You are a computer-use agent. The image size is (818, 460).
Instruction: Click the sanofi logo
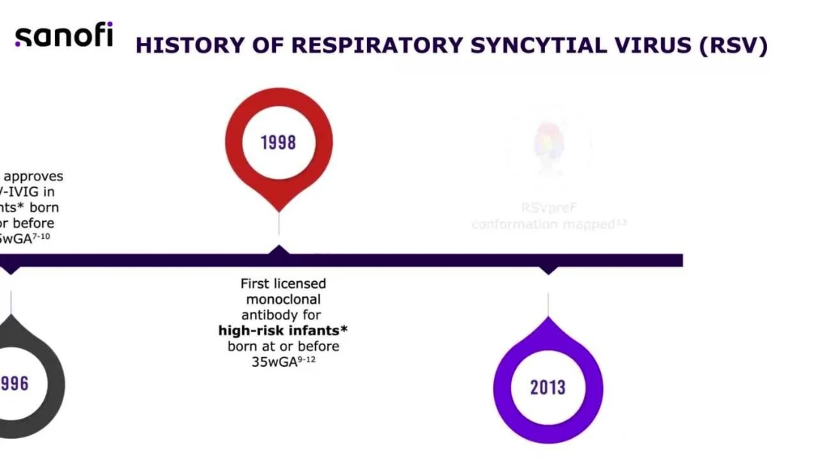pos(64,35)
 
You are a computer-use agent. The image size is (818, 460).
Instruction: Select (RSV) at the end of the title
pos(732,45)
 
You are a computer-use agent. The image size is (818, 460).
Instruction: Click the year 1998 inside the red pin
pos(278,143)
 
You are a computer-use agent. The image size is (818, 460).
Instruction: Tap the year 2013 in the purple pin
pos(547,388)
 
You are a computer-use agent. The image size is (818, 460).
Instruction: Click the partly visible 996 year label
pos(15,384)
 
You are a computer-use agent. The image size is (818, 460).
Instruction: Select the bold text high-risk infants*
pos(283,331)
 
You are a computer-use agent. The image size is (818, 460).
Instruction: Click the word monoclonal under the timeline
pos(283,299)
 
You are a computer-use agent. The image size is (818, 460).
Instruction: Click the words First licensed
pos(283,283)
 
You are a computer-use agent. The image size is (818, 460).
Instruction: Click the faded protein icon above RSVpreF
pos(549,149)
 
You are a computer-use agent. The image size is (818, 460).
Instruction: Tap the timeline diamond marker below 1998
pos(279,252)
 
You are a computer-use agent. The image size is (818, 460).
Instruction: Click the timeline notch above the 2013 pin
pos(548,269)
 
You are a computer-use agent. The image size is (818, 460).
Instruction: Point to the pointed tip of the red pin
pos(279,210)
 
